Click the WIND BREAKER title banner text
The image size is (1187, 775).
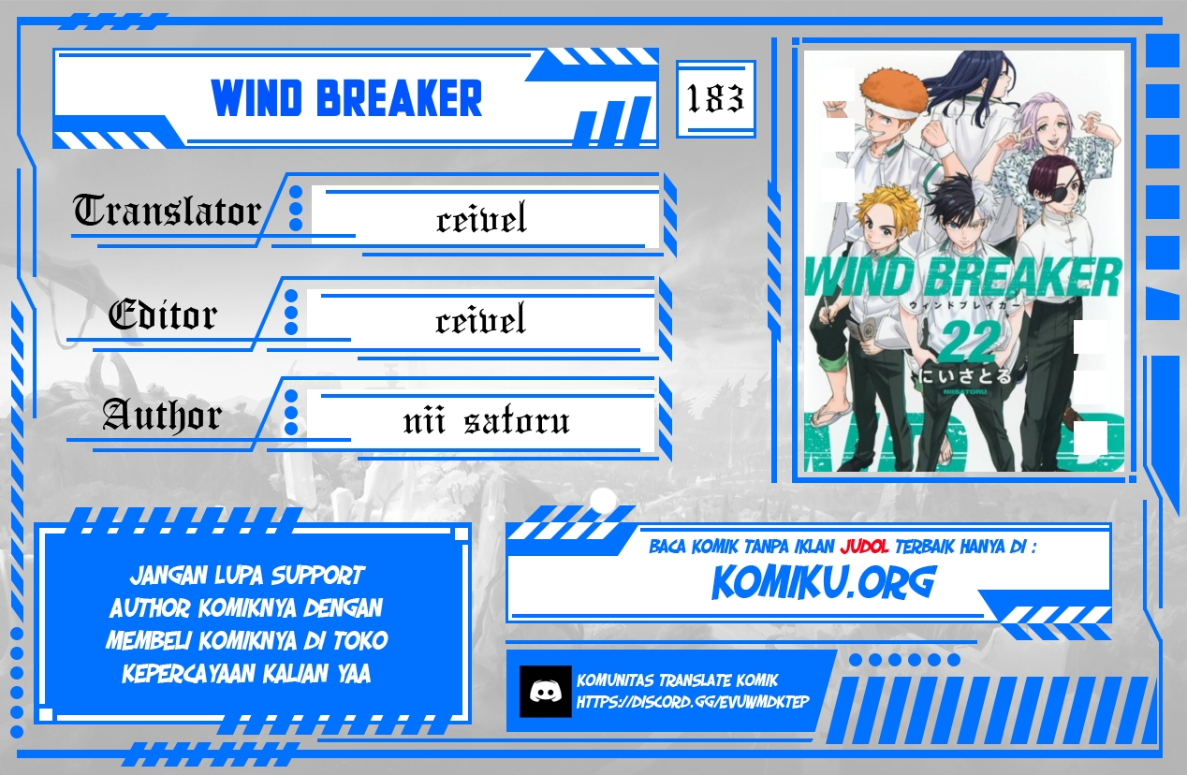(x=346, y=98)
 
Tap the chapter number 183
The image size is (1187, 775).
(x=715, y=98)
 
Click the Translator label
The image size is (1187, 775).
(x=167, y=212)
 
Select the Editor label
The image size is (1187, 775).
(x=162, y=315)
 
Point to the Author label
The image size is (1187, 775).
(x=161, y=415)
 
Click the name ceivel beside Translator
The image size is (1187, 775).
(x=481, y=220)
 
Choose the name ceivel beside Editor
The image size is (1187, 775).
(x=480, y=321)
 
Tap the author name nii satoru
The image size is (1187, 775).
(x=486, y=421)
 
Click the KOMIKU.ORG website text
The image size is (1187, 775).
(x=823, y=582)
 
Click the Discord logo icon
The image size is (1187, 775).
(x=545, y=692)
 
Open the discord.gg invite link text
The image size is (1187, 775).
(x=693, y=702)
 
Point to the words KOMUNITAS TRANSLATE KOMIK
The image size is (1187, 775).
(x=678, y=680)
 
